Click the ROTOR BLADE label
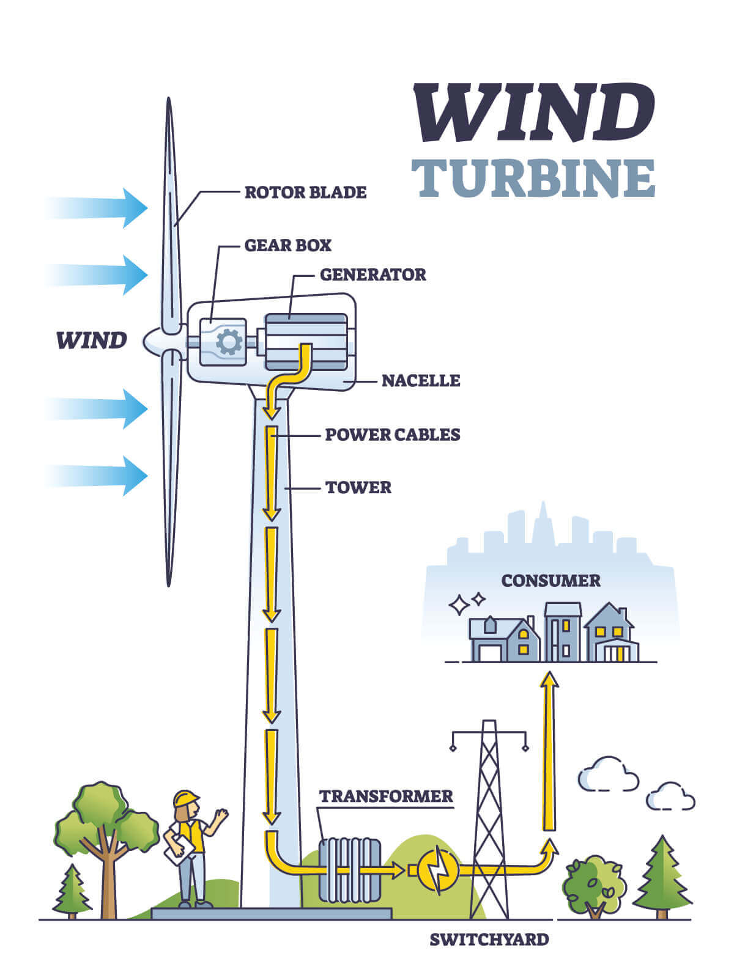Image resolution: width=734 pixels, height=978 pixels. pyautogui.click(x=305, y=193)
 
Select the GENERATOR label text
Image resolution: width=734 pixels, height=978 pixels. pyautogui.click(x=373, y=274)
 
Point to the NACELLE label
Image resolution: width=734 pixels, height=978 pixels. pyautogui.click(x=421, y=381)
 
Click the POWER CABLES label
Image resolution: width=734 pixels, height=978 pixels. pyautogui.click(x=392, y=435)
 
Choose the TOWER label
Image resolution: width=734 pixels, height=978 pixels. pyautogui.click(x=358, y=488)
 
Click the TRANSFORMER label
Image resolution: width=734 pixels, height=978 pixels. pyautogui.click(x=386, y=796)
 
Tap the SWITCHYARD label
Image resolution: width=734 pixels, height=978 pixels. pyautogui.click(x=489, y=939)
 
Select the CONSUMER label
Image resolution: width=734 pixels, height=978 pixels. pyautogui.click(x=550, y=581)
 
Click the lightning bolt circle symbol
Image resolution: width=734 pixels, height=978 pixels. pyautogui.click(x=438, y=870)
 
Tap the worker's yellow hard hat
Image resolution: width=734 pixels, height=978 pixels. pyautogui.click(x=186, y=798)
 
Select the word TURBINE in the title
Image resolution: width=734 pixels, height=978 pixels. pyautogui.click(x=533, y=178)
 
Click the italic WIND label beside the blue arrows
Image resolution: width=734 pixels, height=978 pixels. pyautogui.click(x=91, y=340)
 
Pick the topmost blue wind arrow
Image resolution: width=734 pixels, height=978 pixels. pyautogui.click(x=98, y=208)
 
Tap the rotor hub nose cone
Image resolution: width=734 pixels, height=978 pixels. pyautogui.click(x=153, y=342)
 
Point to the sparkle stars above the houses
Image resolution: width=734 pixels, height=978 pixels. pyautogui.click(x=466, y=604)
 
